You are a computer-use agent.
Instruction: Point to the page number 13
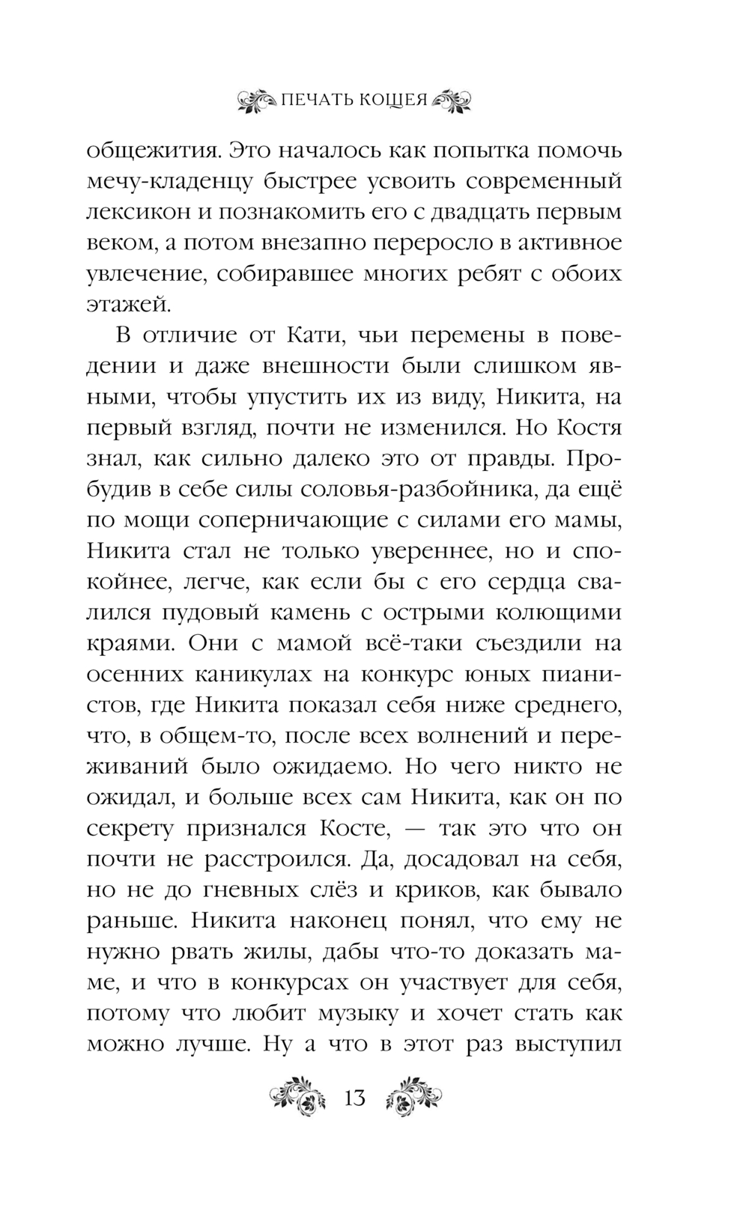[x=354, y=1098]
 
